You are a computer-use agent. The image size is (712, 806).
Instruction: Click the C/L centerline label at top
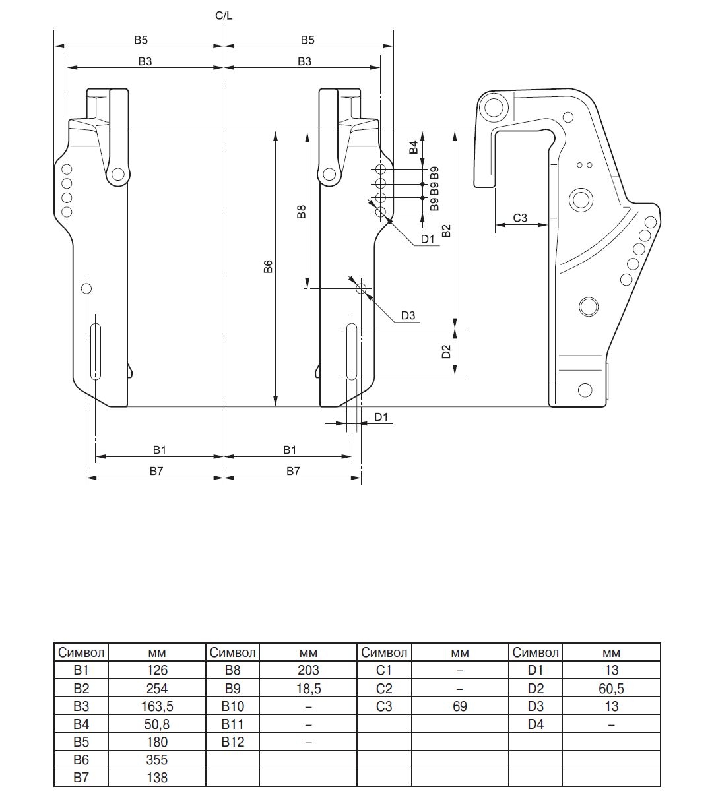coord(224,15)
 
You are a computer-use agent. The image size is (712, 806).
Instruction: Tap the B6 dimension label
coord(268,267)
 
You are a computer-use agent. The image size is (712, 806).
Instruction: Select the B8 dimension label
coord(301,212)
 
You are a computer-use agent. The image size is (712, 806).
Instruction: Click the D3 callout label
coord(408,316)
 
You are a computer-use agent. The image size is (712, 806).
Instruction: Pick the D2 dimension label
coord(446,352)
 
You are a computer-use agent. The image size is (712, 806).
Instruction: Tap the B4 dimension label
coord(414,147)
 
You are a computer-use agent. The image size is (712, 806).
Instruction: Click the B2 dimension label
coord(446,231)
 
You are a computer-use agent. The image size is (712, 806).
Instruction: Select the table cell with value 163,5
coord(156,706)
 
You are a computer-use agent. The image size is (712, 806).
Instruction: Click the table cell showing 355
coord(156,760)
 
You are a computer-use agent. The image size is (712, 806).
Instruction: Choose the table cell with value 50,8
coord(156,724)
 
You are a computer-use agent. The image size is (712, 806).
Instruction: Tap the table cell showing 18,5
coord(308,689)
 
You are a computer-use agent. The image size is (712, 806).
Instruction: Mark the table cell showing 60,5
coord(611,689)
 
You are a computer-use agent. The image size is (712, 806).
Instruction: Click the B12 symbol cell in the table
coord(233,742)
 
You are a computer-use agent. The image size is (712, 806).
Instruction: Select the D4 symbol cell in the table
coord(535,724)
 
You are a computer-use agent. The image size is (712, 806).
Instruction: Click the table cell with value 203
coord(308,671)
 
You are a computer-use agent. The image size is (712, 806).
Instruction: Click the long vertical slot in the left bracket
coord(96,351)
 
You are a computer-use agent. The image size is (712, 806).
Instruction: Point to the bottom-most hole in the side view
coord(583,389)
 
